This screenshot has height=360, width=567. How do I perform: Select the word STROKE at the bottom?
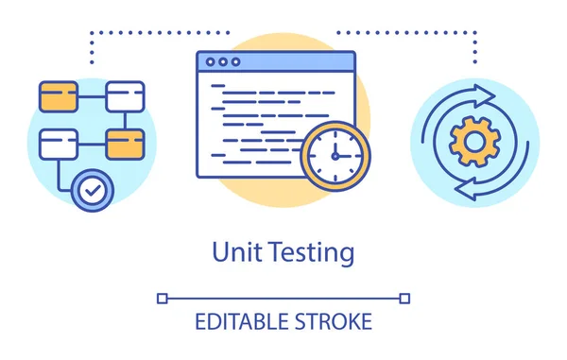click(x=335, y=321)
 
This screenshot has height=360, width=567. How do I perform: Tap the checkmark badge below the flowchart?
click(x=92, y=191)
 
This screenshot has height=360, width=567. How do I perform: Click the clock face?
click(x=335, y=156)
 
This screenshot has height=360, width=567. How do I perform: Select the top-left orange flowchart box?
click(x=59, y=95)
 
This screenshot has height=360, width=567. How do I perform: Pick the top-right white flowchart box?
click(x=125, y=95)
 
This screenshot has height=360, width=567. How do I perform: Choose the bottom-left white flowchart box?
click(x=59, y=144)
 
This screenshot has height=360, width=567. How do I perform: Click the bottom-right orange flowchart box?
click(x=125, y=144)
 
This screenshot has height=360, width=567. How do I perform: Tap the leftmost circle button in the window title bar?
click(x=211, y=62)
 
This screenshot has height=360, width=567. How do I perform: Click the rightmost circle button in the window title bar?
click(x=235, y=62)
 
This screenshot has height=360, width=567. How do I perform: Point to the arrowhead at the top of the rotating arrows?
click(x=486, y=94)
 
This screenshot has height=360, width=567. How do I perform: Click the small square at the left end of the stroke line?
click(x=162, y=298)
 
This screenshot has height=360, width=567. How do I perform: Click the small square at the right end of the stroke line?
click(x=405, y=298)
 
